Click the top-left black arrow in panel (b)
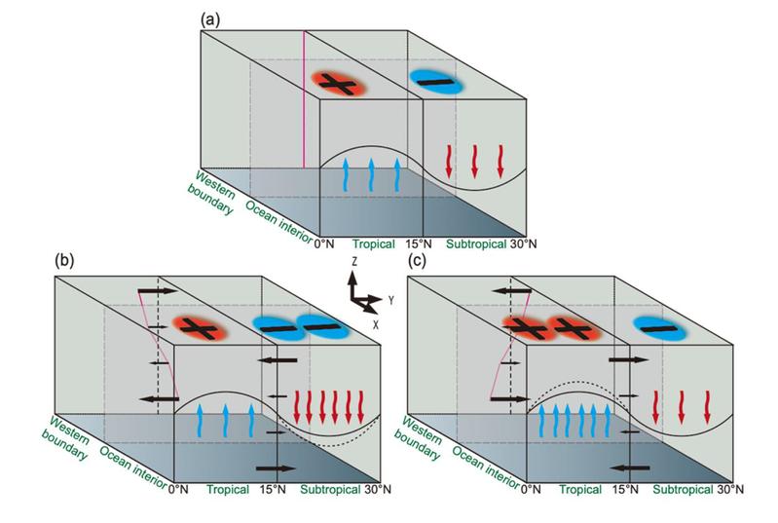[156, 290]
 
